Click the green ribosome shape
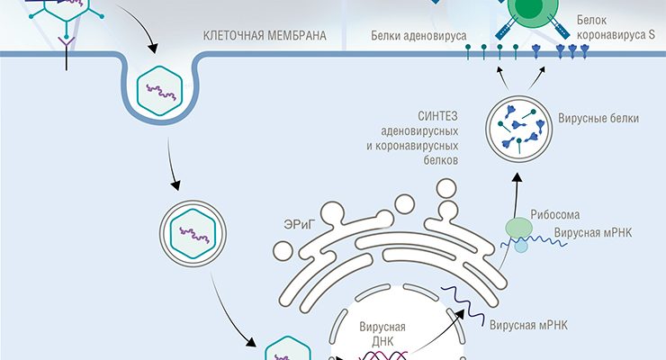click(520, 229)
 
